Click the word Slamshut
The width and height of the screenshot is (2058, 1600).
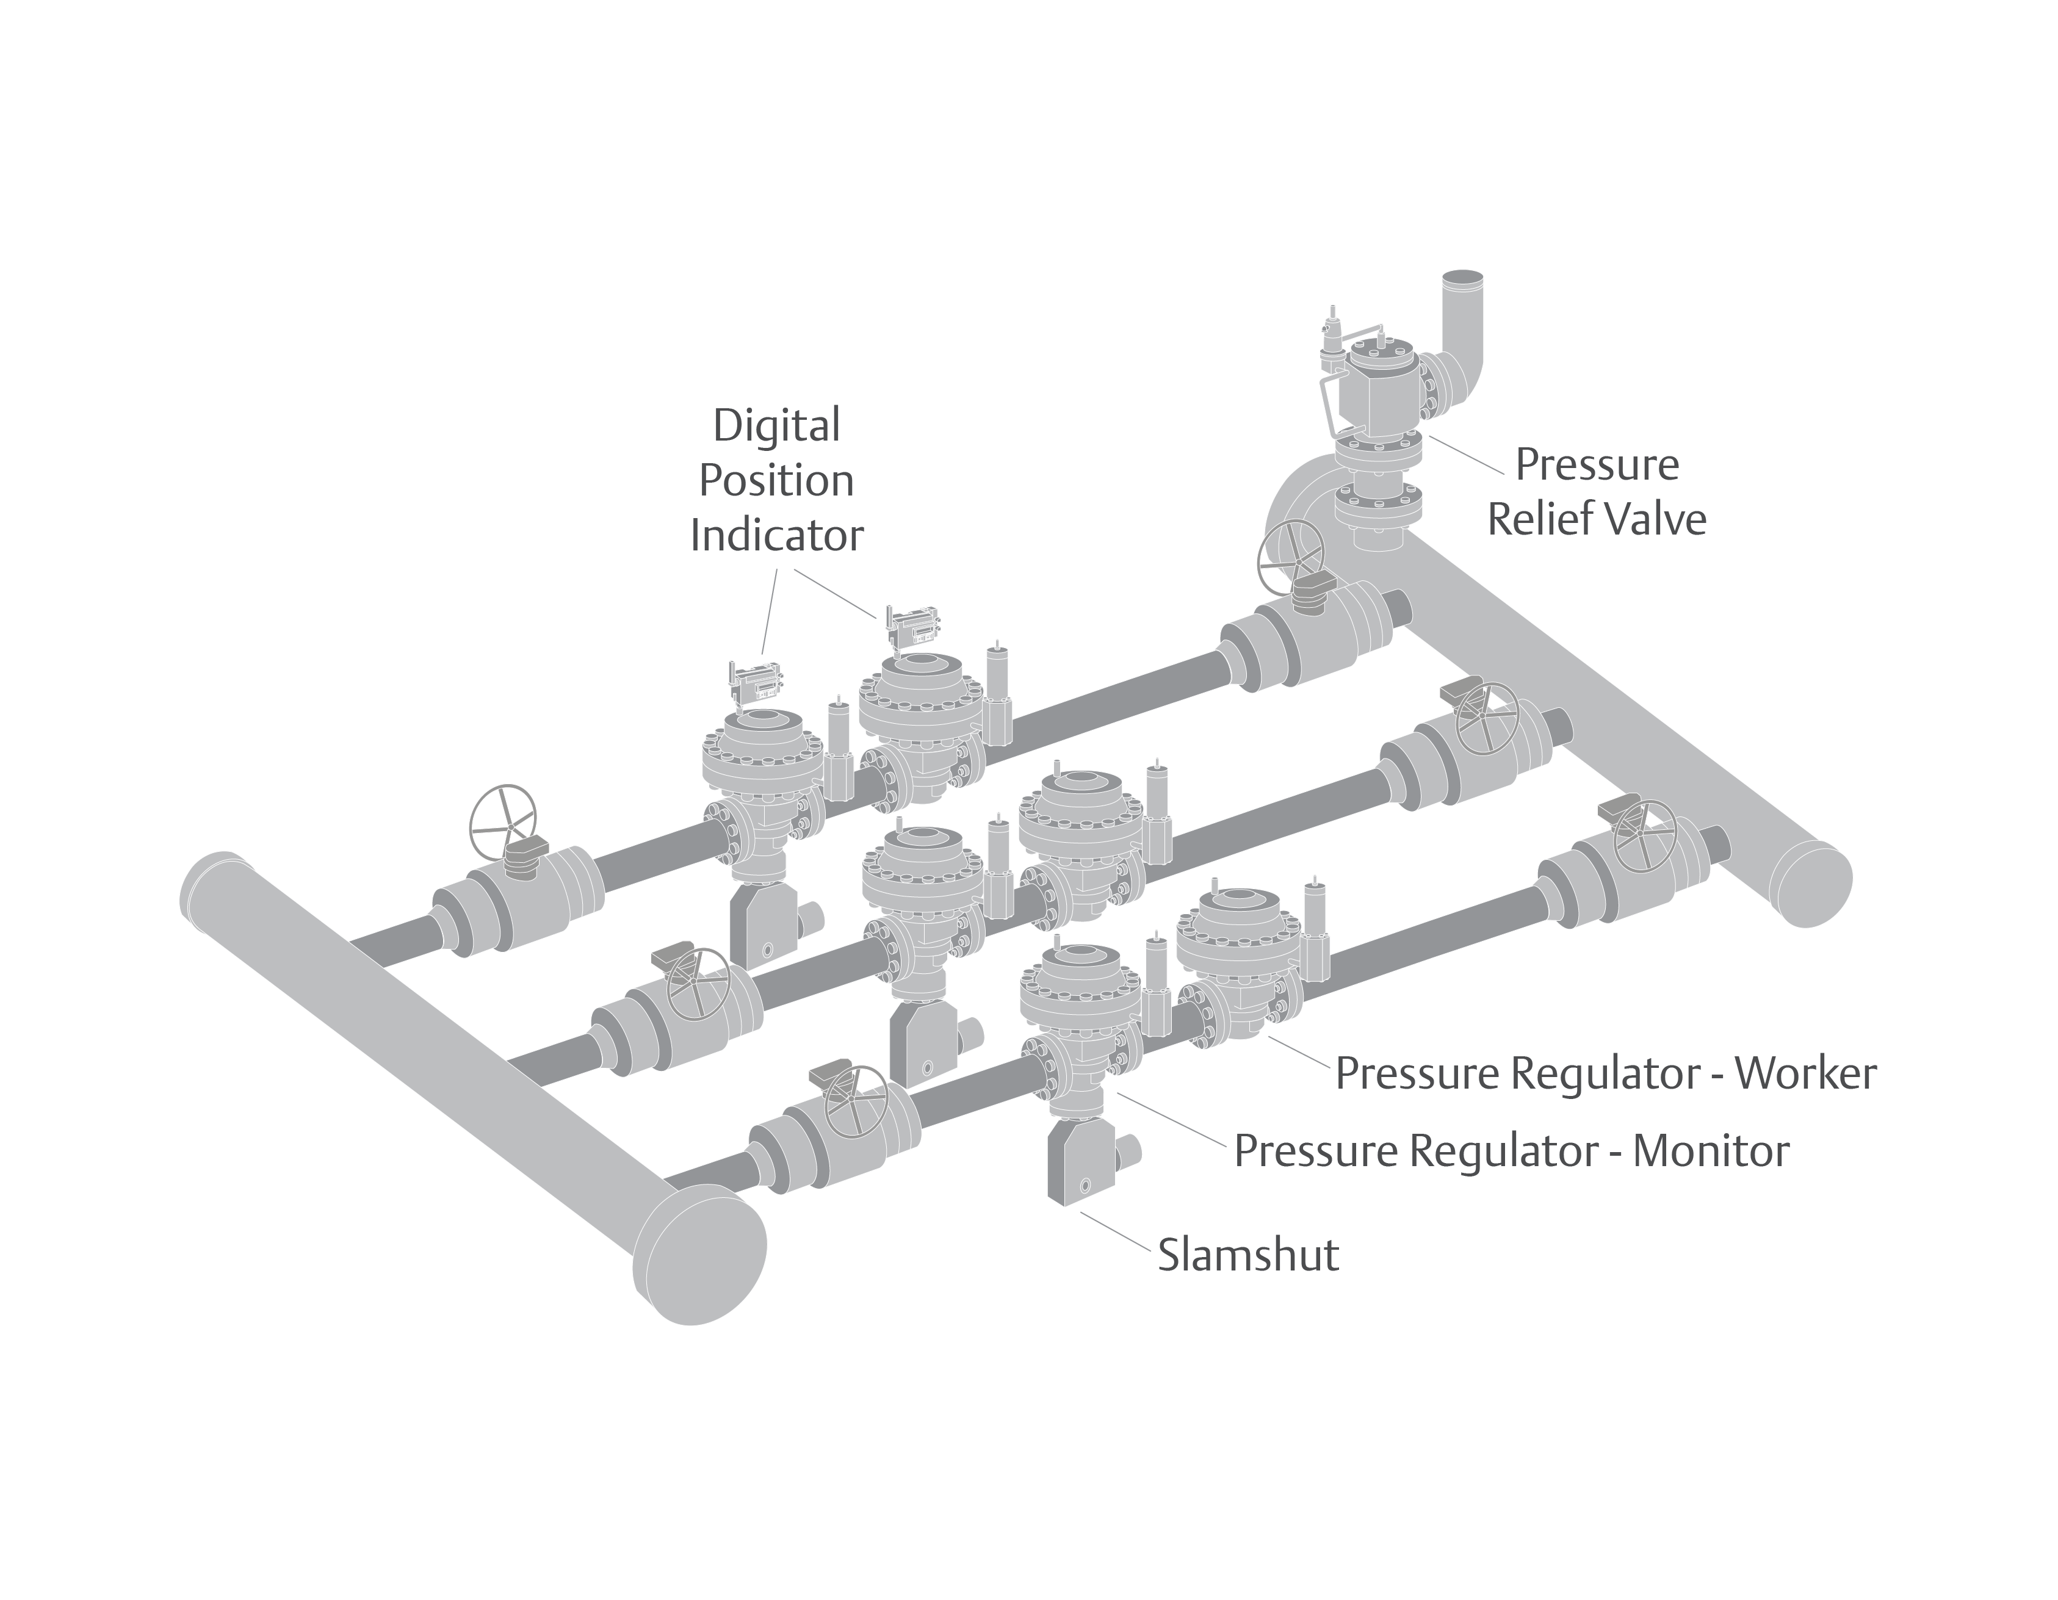pyautogui.click(x=1247, y=1255)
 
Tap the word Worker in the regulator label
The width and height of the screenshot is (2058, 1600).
pyautogui.click(x=1805, y=1073)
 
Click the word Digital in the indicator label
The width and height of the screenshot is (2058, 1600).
pyautogui.click(x=776, y=426)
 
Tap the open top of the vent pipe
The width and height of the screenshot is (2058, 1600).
pyautogui.click(x=1464, y=280)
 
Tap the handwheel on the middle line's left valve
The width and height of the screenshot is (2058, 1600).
pyautogui.click(x=698, y=980)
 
